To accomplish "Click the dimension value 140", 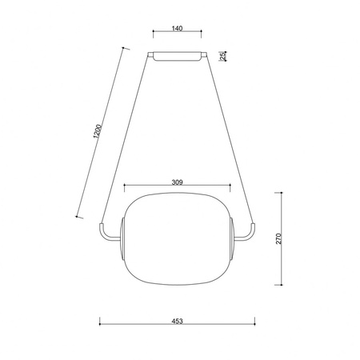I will tap(178, 29).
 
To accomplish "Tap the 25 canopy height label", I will tap(231, 56).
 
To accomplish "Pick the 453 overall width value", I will tap(177, 320).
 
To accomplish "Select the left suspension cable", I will tap(126, 136).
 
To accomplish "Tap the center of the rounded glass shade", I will tap(177, 238).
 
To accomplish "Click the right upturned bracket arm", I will tap(250, 233).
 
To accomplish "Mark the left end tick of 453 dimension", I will tap(99, 325).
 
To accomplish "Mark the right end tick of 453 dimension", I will tap(255, 325).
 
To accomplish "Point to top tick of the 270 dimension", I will tap(281, 193).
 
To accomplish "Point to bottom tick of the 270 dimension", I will tap(281, 285).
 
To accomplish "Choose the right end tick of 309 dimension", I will tap(230, 188).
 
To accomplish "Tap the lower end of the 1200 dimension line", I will tap(77, 216).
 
